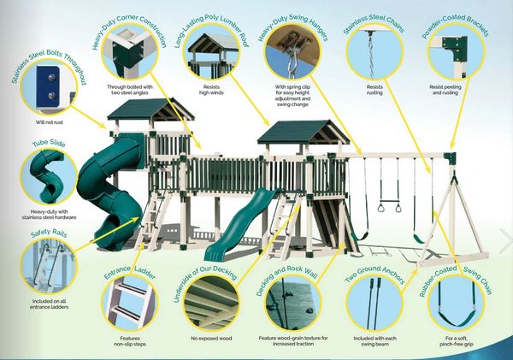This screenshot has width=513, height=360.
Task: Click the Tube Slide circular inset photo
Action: click(x=49, y=177)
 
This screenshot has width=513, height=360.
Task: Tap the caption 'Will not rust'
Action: click(x=49, y=122)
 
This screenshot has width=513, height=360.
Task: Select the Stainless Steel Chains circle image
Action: click(x=374, y=54)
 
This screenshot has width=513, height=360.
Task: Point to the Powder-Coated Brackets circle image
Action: click(x=457, y=53)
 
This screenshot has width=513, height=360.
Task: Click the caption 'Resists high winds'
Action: click(x=211, y=90)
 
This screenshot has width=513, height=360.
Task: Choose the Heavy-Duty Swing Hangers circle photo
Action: click(x=292, y=51)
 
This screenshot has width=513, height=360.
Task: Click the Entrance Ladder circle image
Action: click(x=130, y=304)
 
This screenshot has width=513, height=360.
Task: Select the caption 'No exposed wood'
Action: click(x=211, y=339)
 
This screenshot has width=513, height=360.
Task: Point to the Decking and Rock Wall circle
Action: click(x=292, y=303)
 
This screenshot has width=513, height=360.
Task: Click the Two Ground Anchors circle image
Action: click(x=374, y=303)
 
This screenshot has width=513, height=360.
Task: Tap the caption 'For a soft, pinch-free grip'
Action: click(x=457, y=341)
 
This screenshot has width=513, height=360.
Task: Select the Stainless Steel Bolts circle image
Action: click(x=49, y=87)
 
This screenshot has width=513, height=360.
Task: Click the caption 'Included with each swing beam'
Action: click(x=375, y=341)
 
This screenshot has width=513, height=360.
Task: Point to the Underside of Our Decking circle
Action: click(x=211, y=304)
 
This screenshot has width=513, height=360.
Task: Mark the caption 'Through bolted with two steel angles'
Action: click(x=130, y=90)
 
